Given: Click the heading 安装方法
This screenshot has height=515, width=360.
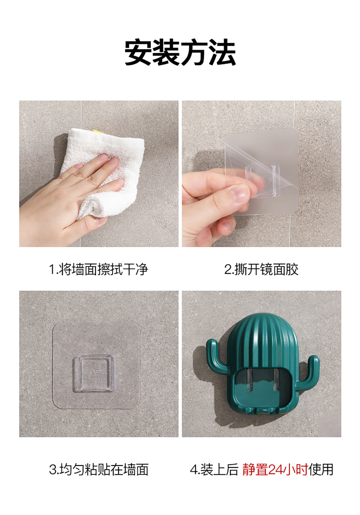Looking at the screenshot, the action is [180, 53].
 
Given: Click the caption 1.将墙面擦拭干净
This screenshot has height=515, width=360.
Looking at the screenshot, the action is [99, 269].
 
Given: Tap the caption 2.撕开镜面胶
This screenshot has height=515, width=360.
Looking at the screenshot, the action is [261, 269].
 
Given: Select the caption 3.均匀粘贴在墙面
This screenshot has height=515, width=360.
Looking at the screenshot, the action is [99, 469].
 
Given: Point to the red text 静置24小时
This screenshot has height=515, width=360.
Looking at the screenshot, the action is [275, 469].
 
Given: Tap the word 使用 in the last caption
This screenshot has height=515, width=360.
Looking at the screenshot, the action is [321, 469].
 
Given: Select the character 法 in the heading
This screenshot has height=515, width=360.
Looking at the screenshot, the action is [222, 53].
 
